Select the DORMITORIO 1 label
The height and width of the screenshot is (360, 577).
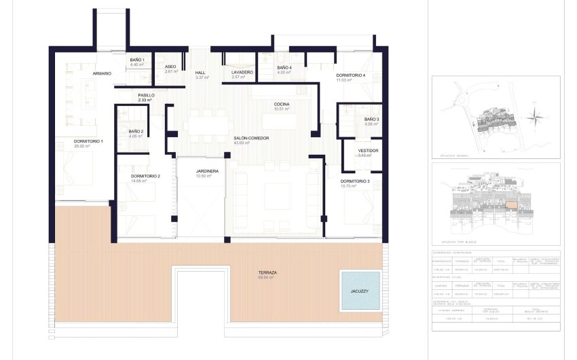88,141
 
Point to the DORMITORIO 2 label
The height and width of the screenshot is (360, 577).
145,177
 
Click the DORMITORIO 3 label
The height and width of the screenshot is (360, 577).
355,181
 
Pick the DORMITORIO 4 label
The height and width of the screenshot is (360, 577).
350,75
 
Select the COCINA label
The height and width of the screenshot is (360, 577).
282,105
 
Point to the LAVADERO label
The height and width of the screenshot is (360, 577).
242,72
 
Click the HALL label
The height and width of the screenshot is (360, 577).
200,73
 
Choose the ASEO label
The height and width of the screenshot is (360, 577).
170,67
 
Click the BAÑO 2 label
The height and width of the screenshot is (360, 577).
136,132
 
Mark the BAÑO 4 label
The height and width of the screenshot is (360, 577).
284,67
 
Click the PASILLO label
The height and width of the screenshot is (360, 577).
146,96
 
